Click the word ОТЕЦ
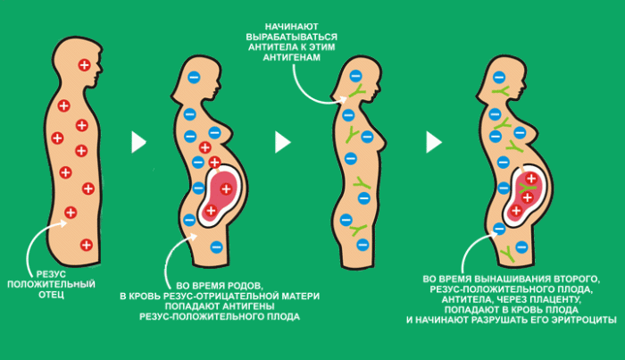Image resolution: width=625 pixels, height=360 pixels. (x=52, y=295)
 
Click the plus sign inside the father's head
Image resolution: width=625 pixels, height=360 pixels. (x=84, y=64)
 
